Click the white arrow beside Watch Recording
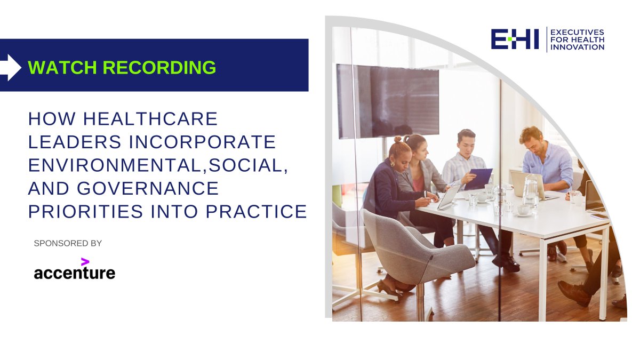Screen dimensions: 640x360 point(10,67)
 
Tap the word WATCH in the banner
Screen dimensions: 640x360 point(62,67)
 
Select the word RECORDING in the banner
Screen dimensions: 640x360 point(159,67)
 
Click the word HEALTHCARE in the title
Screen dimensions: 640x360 point(150,119)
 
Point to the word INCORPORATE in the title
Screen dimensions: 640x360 point(203,142)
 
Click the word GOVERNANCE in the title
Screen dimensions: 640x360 point(148,189)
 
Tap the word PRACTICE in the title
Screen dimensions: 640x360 point(257,212)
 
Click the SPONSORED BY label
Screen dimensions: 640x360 point(68,243)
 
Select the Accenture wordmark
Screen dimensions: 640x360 point(75,273)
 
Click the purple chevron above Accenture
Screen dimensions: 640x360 point(85,262)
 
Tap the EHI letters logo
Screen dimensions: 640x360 point(515,39)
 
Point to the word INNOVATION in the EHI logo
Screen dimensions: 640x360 point(577,47)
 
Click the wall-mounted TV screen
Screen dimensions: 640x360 point(388,101)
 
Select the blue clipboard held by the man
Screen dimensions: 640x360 point(478,179)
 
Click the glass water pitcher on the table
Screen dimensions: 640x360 point(531,191)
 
